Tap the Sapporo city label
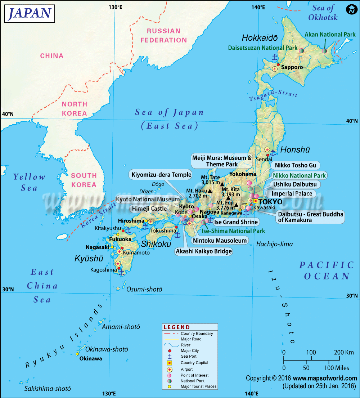[292, 67]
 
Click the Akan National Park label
[330, 35]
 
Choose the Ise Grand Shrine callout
[236, 222]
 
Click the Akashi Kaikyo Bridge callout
[204, 251]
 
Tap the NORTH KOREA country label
[75, 109]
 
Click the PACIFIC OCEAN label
[327, 271]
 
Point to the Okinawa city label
[90, 358]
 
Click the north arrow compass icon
[350, 10]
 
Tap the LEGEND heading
[176, 327]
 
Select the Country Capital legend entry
[194, 363]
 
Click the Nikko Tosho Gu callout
[296, 165]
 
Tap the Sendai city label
[262, 159]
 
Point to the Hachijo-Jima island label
[274, 244]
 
